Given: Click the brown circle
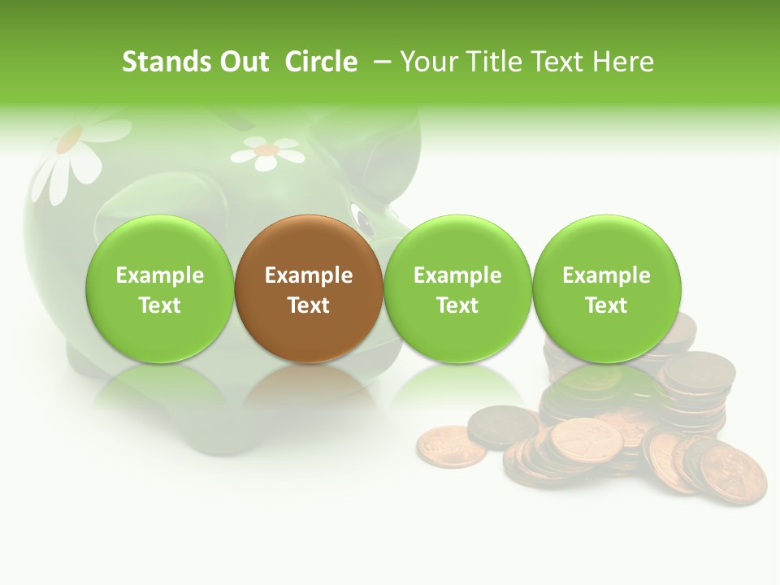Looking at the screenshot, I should pos(309,288).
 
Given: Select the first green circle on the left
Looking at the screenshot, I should pos(159,288).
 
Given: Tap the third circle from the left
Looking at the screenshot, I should pos(457,288).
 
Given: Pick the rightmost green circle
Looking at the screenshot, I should pos(607,288).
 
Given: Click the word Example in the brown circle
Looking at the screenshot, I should pos(309,275).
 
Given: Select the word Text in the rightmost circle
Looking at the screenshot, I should pos(607,305).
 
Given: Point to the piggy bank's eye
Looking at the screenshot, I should pos(361,219).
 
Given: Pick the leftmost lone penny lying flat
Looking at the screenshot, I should pos(451,447).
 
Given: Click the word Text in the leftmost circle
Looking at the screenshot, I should pos(159,305).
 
